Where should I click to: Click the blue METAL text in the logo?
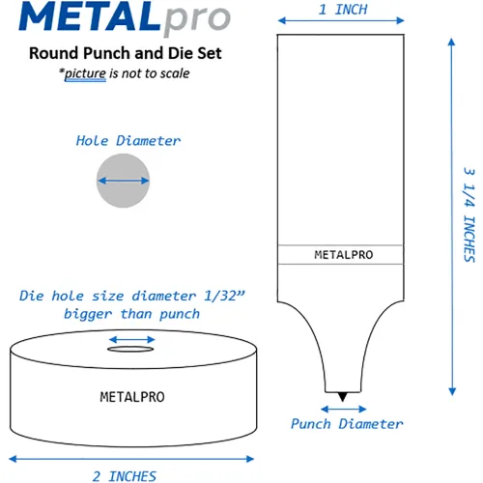(x=90, y=16)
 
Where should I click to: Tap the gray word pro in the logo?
(x=197, y=19)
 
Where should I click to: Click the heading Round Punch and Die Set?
(x=126, y=53)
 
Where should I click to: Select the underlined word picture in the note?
(x=85, y=73)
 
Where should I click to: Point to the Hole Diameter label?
(x=128, y=141)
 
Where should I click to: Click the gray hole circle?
(x=123, y=181)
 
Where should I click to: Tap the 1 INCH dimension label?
(x=343, y=10)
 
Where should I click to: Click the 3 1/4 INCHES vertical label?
(x=469, y=214)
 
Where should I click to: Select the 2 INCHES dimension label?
(x=125, y=476)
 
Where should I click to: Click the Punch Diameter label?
(x=347, y=424)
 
